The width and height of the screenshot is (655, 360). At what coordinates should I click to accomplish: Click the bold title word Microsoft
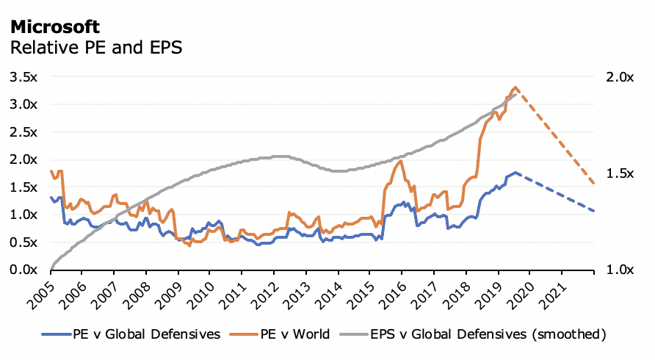click(x=55, y=27)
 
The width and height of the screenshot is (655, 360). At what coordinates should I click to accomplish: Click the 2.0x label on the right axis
click(x=618, y=76)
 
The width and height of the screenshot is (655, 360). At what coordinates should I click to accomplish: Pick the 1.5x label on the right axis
click(x=618, y=173)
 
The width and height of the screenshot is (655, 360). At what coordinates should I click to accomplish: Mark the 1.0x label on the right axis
click(x=618, y=270)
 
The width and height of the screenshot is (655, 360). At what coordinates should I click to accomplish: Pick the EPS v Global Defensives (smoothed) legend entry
click(x=485, y=334)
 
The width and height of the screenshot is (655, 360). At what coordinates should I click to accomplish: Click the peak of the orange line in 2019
click(x=515, y=87)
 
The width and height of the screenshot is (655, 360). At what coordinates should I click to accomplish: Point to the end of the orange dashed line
click(x=594, y=183)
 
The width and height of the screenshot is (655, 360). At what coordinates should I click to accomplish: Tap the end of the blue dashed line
click(x=594, y=211)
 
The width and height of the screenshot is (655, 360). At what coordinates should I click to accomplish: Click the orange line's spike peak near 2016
click(x=401, y=162)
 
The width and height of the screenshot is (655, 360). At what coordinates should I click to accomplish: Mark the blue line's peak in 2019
click(x=515, y=173)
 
